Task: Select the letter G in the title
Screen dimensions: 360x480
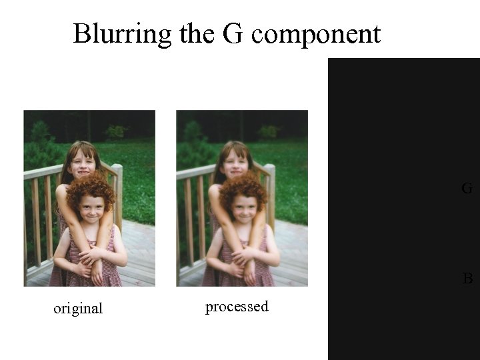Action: point(231,33)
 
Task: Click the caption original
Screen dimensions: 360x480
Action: point(78,309)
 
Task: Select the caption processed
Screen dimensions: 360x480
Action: point(237,307)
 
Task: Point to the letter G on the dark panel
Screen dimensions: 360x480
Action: point(467,189)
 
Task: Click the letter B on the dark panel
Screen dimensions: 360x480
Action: point(468,279)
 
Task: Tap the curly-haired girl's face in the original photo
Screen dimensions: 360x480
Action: point(91,207)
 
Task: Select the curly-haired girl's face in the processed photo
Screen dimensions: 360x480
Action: point(244,207)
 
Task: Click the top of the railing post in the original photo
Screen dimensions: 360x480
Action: point(117,168)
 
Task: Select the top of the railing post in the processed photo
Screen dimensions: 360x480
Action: point(269,168)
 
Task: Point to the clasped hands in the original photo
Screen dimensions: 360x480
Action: point(89,257)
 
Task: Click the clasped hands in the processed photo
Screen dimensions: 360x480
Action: point(241,257)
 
